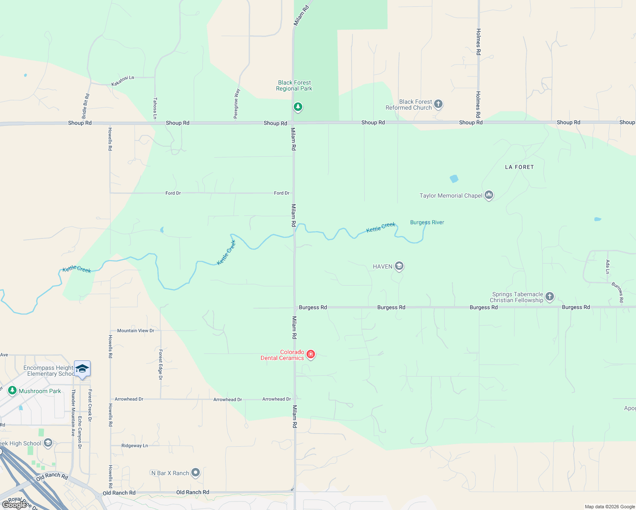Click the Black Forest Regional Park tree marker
pos(298,107)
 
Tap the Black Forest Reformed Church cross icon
pos(438,104)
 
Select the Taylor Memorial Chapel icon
pos(488,195)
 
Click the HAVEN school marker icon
pos(399,266)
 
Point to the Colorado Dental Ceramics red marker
pos(311,354)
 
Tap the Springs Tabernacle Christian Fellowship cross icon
pos(549,296)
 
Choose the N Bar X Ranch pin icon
pos(195,472)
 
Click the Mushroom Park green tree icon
pos(12,390)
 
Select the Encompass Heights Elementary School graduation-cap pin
pos(82,368)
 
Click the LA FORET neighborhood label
pos(519,167)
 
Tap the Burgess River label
pos(427,222)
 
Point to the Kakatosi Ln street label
pos(122,81)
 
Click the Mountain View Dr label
pos(136,331)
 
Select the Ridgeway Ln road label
pos(134,446)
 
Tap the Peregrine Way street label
pos(237,103)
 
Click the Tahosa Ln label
pos(155,108)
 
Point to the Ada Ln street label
pos(608,266)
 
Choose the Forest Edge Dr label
pos(160,365)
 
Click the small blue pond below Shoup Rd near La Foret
pos(454,179)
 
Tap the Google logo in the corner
pos(14,505)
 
